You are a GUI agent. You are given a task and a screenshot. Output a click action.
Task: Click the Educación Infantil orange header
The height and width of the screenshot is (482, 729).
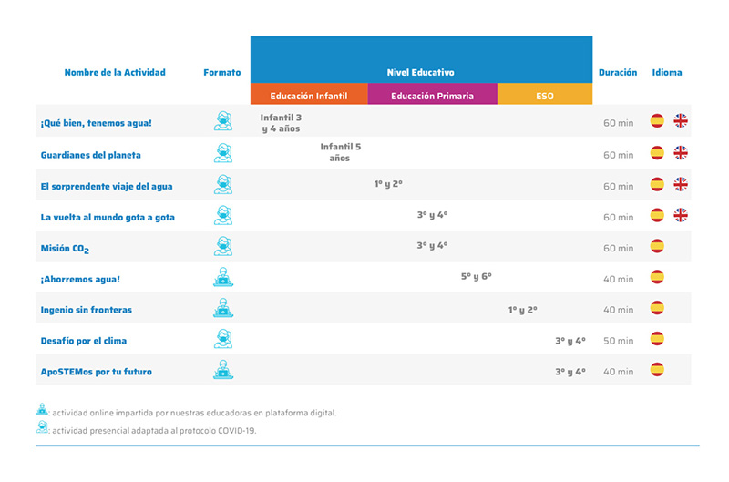309,96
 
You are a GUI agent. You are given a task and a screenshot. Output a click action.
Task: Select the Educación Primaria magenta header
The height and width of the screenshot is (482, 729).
432,96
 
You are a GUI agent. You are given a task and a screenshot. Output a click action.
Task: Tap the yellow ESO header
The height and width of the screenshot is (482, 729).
545,96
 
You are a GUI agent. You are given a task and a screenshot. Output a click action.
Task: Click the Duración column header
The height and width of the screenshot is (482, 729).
617,73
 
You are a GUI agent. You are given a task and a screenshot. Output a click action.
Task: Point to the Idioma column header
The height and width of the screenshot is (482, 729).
666,73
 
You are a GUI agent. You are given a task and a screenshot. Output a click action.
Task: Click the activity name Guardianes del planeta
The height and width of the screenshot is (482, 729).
90,155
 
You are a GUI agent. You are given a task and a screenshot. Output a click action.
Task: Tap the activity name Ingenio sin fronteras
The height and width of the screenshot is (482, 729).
86,310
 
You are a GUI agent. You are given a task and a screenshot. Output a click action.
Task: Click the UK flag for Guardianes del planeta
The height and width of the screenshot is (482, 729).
680,153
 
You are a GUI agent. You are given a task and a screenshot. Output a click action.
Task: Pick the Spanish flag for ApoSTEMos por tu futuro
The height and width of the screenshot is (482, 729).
656,370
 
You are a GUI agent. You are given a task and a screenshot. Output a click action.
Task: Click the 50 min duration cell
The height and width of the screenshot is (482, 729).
618,341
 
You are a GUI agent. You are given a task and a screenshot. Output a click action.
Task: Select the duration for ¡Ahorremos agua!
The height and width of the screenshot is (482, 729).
618,279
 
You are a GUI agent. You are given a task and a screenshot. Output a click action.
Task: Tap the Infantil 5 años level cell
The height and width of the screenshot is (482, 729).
340,151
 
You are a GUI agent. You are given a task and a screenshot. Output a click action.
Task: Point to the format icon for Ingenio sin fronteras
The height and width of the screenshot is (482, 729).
222,309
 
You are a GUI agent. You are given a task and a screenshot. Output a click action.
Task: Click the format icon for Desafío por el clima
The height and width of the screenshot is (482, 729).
222,340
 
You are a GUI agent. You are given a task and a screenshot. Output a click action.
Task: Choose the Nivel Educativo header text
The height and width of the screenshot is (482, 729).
420,72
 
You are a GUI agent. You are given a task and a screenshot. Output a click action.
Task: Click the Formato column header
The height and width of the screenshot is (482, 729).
222,73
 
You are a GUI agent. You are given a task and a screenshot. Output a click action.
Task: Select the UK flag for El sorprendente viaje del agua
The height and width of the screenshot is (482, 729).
680,184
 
